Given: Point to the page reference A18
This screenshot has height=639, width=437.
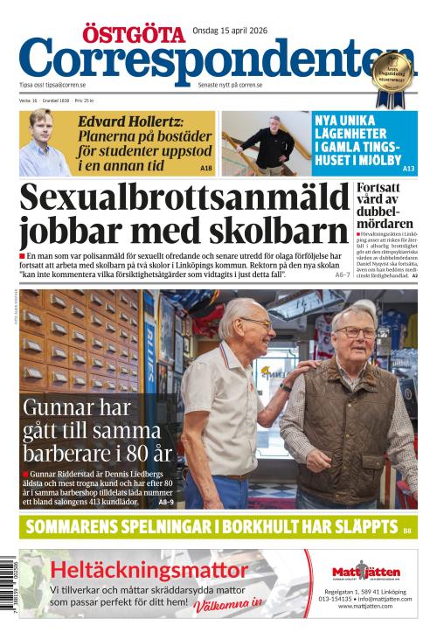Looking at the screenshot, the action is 205,167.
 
